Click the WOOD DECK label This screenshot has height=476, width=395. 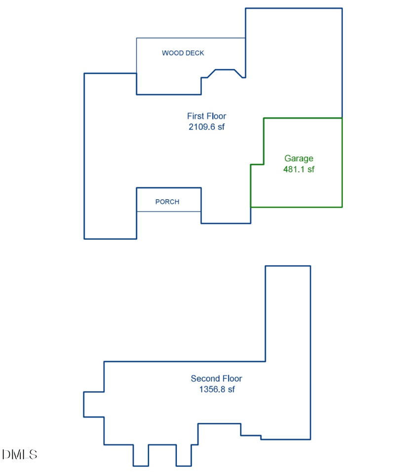point(183,53)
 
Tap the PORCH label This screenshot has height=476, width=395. point(167,202)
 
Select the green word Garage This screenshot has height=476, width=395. point(299,159)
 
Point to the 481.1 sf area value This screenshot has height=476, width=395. point(299,169)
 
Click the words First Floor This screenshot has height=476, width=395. point(206,116)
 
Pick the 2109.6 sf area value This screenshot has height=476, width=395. point(206,127)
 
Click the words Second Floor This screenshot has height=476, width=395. point(216,379)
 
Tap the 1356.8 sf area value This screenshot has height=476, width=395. point(216,389)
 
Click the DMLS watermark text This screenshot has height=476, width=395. point(20,454)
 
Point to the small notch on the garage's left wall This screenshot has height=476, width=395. point(257,165)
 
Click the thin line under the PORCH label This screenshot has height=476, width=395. point(168,212)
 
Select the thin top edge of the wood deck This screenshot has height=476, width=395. point(191,38)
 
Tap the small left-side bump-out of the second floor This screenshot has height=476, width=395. point(93,404)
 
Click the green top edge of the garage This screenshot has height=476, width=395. point(303,118)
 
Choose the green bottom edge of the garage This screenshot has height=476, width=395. point(296,207)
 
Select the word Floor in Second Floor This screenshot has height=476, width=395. point(231,379)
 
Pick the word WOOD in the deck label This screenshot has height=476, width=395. point(172,53)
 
